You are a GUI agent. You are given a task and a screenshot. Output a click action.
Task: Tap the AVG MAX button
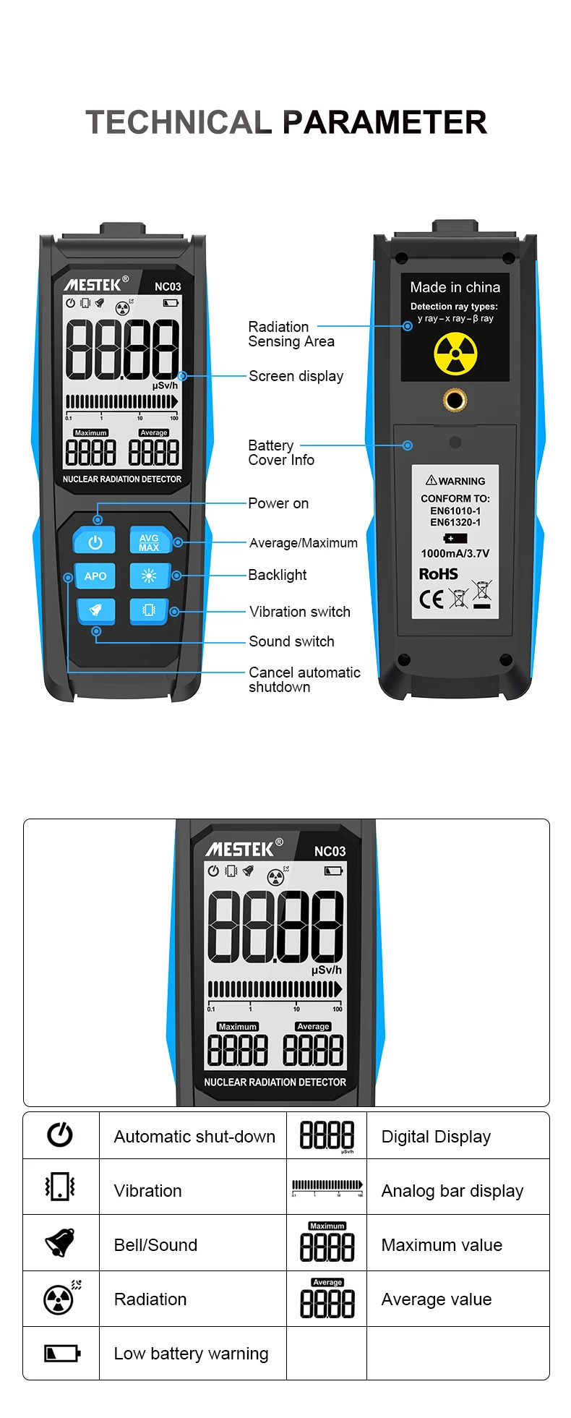pos(149,542)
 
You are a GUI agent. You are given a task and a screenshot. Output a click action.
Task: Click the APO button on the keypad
pos(95,576)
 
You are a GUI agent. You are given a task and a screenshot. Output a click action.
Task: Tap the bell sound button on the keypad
pos(95,610)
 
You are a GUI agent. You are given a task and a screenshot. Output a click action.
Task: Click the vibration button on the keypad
pos(149,610)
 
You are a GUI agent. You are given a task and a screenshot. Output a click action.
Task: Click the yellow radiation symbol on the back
pos(455,354)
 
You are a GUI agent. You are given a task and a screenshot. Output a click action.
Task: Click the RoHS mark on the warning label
pos(439,574)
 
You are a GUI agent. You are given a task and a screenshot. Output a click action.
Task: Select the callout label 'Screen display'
pos(296,376)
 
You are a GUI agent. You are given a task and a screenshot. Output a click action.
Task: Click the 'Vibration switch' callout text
pos(299,612)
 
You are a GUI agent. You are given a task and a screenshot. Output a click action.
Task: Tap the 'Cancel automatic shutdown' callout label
pos(304,680)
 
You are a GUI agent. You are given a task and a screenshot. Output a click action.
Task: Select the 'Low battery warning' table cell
pos(191,1354)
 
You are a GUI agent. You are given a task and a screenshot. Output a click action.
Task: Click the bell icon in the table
pos(60,1243)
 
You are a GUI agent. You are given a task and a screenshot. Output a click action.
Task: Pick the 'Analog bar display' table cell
pos(452,1191)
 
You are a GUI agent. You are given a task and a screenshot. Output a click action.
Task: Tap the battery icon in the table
pos(61,1353)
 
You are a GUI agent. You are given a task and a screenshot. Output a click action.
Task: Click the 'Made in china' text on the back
pos(455,287)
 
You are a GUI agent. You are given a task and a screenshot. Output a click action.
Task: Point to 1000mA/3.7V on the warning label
pos(455,553)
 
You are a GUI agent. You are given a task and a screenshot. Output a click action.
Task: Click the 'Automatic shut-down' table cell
pos(194,1137)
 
